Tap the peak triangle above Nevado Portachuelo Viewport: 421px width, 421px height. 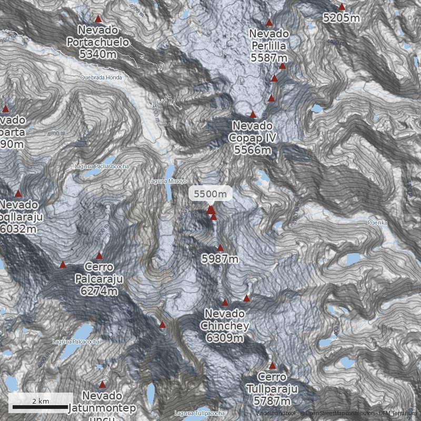coord(98,19)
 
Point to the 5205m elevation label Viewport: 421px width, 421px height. coord(342,18)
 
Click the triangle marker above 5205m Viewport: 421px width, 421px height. coord(342,7)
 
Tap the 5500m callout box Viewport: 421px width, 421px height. coord(210,194)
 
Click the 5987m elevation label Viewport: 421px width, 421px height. coord(220,259)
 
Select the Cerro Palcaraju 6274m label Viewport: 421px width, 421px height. coord(99,278)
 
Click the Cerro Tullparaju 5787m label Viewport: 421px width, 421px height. coord(272,389)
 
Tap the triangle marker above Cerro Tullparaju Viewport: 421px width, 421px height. coord(272,366)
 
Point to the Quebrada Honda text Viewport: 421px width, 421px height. coord(101,77)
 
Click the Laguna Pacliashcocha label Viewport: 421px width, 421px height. coord(102,166)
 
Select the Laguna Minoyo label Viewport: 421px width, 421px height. coord(167,182)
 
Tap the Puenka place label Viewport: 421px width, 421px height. coord(377,223)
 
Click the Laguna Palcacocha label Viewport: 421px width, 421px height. coord(76,342)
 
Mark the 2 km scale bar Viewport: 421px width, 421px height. coord(41,407)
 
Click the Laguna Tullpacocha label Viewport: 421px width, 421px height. coord(200,413)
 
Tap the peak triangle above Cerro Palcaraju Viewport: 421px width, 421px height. coord(99,255)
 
